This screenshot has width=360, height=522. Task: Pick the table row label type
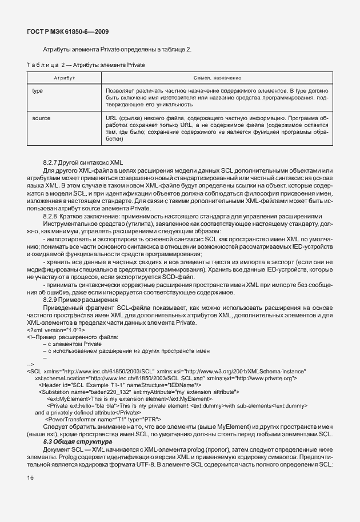pos(38,91)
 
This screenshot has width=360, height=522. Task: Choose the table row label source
pos(41,118)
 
